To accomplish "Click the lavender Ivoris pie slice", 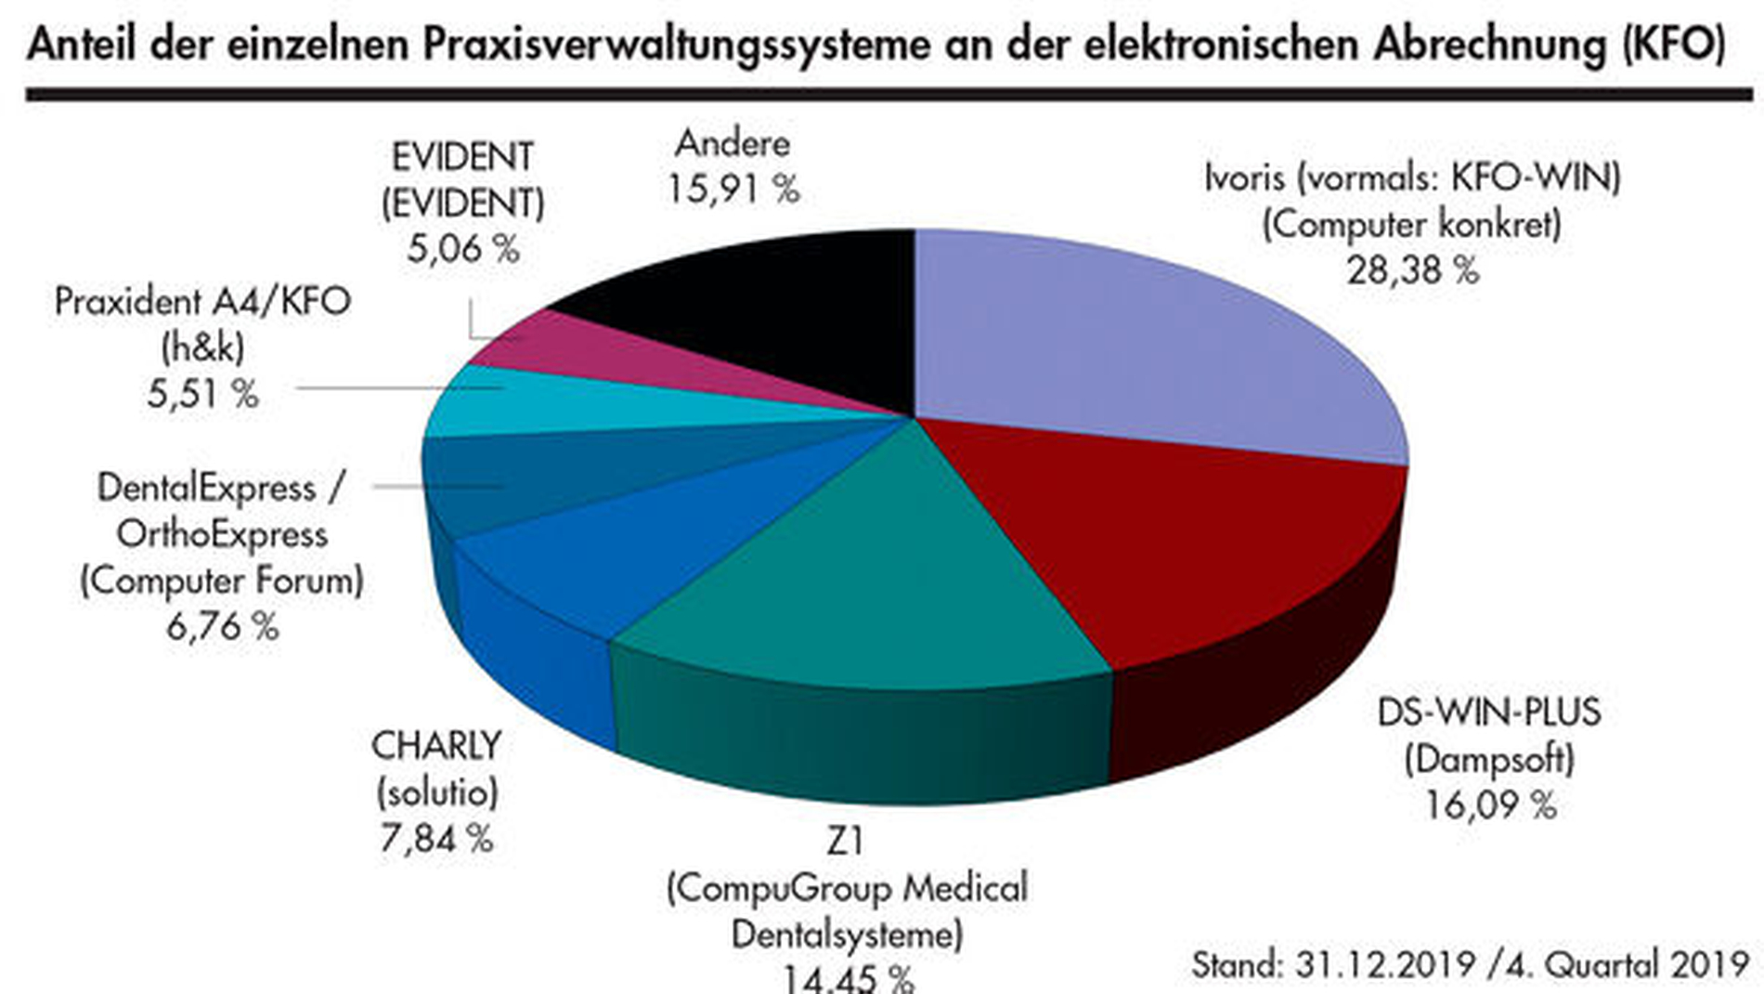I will pos(1142,344).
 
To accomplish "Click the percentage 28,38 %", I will pos(1412,270).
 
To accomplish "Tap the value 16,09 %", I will pos(1489,804).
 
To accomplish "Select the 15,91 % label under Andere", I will pos(733,190).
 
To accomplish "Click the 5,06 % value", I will pos(462,248).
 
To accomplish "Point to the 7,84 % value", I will pos(435,839).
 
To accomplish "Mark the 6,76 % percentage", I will pos(223,626).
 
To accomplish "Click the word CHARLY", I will pos(436,746).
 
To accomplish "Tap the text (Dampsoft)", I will pos(1489,759).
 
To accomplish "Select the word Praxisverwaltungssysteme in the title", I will pos(676,44).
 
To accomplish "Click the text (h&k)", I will pos(202,347).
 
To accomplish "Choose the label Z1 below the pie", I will pos(845,842).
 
